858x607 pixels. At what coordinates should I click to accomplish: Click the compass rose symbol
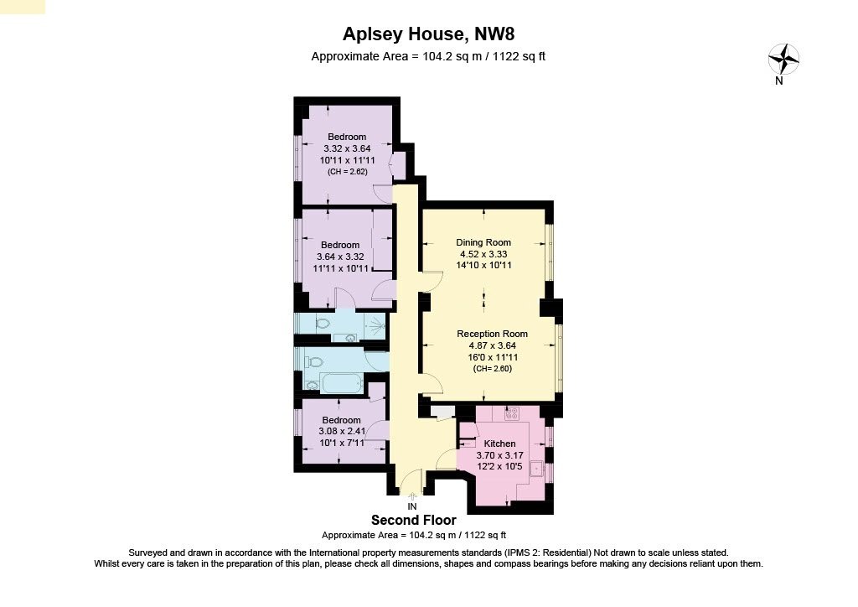pos(783,58)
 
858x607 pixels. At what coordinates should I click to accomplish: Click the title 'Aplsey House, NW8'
pos(428,34)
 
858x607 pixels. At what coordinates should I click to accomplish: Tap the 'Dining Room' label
pos(483,242)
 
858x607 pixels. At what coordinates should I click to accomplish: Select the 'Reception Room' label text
pos(492,334)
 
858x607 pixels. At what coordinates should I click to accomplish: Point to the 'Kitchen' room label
pos(500,444)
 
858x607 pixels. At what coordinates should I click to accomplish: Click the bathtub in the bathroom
pos(333,385)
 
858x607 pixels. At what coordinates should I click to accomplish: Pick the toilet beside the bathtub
pos(313,361)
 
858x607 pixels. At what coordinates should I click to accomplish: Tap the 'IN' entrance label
pos(411,506)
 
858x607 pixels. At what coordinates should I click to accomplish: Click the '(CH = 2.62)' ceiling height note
pos(347,171)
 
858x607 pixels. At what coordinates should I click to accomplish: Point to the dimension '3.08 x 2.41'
pos(341,431)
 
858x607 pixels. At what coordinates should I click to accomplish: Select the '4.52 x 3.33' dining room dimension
pos(483,254)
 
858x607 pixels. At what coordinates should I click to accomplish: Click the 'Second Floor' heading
pos(414,521)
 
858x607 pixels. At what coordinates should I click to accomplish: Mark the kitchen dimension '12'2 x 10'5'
pos(500,466)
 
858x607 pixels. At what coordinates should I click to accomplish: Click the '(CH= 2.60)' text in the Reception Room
pos(492,368)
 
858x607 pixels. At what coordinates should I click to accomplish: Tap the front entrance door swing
pos(411,484)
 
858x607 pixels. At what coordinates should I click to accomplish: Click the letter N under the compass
pos(779,81)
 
